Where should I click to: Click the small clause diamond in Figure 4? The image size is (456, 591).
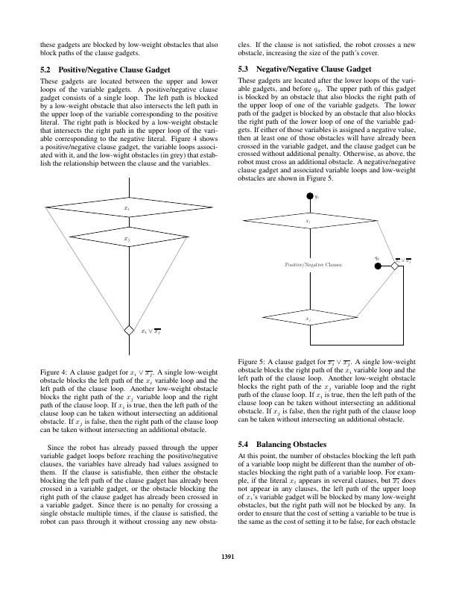point(129,330)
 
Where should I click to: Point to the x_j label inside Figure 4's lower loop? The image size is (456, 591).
point(127,238)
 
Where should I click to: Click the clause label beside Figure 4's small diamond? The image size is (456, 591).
point(151,331)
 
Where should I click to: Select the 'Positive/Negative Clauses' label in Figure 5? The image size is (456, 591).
point(313,264)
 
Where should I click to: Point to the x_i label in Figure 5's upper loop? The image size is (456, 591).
point(308,222)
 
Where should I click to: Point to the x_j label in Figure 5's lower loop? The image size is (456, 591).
point(308,319)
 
